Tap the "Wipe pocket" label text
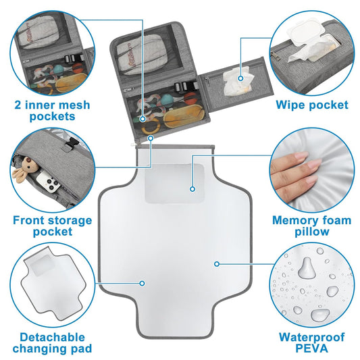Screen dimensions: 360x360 (312, 105)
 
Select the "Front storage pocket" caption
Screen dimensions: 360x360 (51, 226)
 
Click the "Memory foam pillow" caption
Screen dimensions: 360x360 (311, 226)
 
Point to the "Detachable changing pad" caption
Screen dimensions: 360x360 (51, 342)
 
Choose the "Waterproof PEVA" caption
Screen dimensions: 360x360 (311, 342)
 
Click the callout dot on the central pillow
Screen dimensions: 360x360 (192, 187)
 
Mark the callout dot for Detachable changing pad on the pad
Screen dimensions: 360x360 (143, 282)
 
